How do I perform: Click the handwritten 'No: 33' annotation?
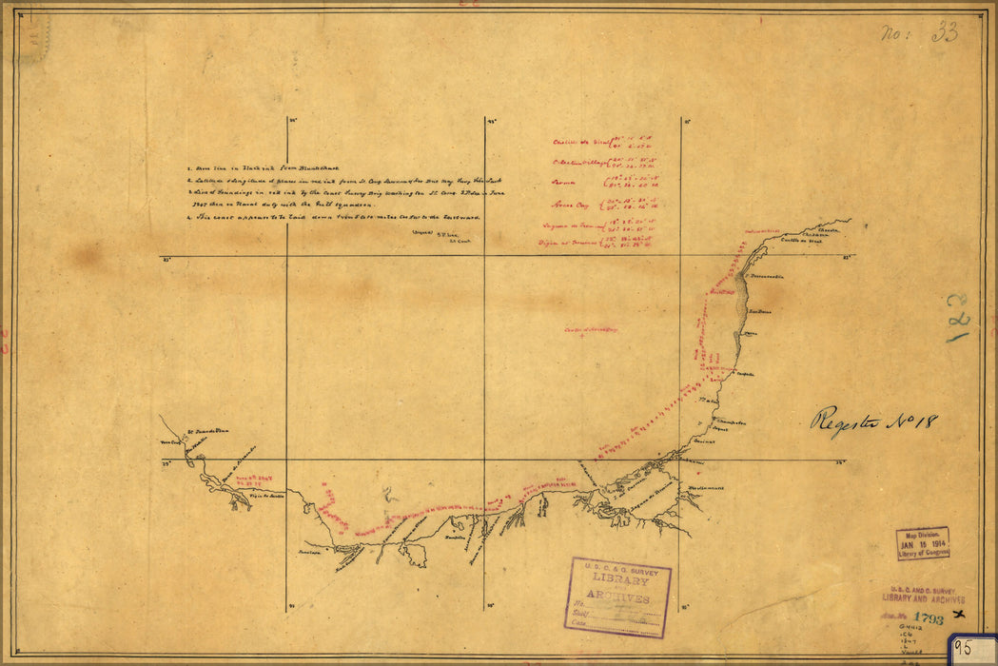click(919, 34)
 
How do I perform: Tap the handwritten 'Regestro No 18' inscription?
click(873, 421)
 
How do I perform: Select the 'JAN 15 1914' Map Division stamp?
click(922, 543)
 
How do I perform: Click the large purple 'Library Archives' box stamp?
click(618, 597)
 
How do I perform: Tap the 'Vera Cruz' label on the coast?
click(169, 443)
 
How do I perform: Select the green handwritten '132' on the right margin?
click(960, 318)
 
